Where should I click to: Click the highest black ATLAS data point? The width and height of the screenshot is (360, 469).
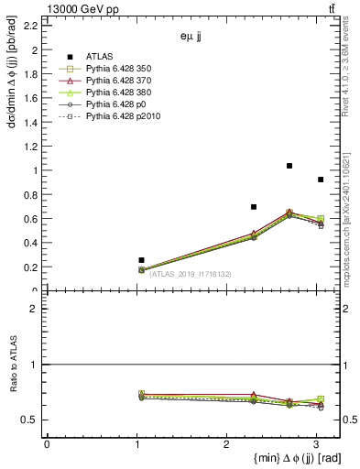click(x=289, y=166)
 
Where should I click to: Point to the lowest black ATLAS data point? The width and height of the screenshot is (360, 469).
click(x=141, y=260)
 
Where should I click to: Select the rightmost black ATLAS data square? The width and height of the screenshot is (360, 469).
click(x=320, y=180)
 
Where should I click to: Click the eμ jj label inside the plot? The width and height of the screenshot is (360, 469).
click(x=191, y=38)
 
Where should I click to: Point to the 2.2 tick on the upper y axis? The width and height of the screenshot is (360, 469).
click(x=34, y=26)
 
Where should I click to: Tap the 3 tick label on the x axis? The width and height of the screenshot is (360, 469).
click(x=316, y=443)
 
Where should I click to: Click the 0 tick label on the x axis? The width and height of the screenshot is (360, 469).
click(x=47, y=443)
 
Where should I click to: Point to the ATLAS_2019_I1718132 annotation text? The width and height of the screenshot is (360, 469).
click(x=191, y=274)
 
